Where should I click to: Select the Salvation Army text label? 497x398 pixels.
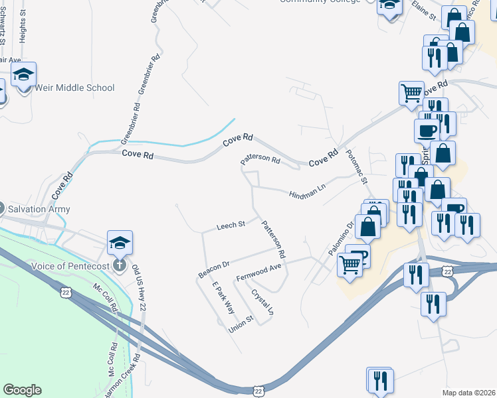pyautogui.click(x=39, y=209)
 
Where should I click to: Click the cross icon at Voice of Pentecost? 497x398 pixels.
pyautogui.click(x=120, y=266)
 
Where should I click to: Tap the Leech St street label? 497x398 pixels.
pyautogui.click(x=231, y=226)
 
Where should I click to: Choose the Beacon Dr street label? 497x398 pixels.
pyautogui.click(x=213, y=269)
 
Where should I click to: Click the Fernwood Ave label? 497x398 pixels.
pyautogui.click(x=259, y=271)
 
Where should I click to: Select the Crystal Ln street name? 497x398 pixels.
pyautogui.click(x=262, y=301)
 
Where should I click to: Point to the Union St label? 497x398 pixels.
pyautogui.click(x=241, y=323)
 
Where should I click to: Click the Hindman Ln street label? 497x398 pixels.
pyautogui.click(x=307, y=192)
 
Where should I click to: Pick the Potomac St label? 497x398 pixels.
pyautogui.click(x=356, y=166)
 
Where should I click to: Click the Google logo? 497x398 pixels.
pyautogui.click(x=22, y=390)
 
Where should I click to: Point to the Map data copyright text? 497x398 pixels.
pyautogui.click(x=468, y=393)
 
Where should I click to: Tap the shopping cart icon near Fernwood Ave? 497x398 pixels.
pyautogui.click(x=350, y=264)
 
